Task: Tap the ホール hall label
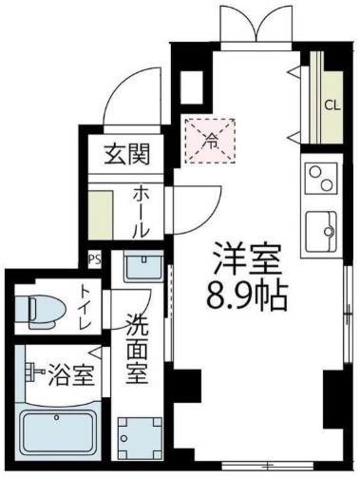(140, 211)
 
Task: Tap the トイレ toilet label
(85, 307)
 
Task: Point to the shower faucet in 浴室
(36, 369)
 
